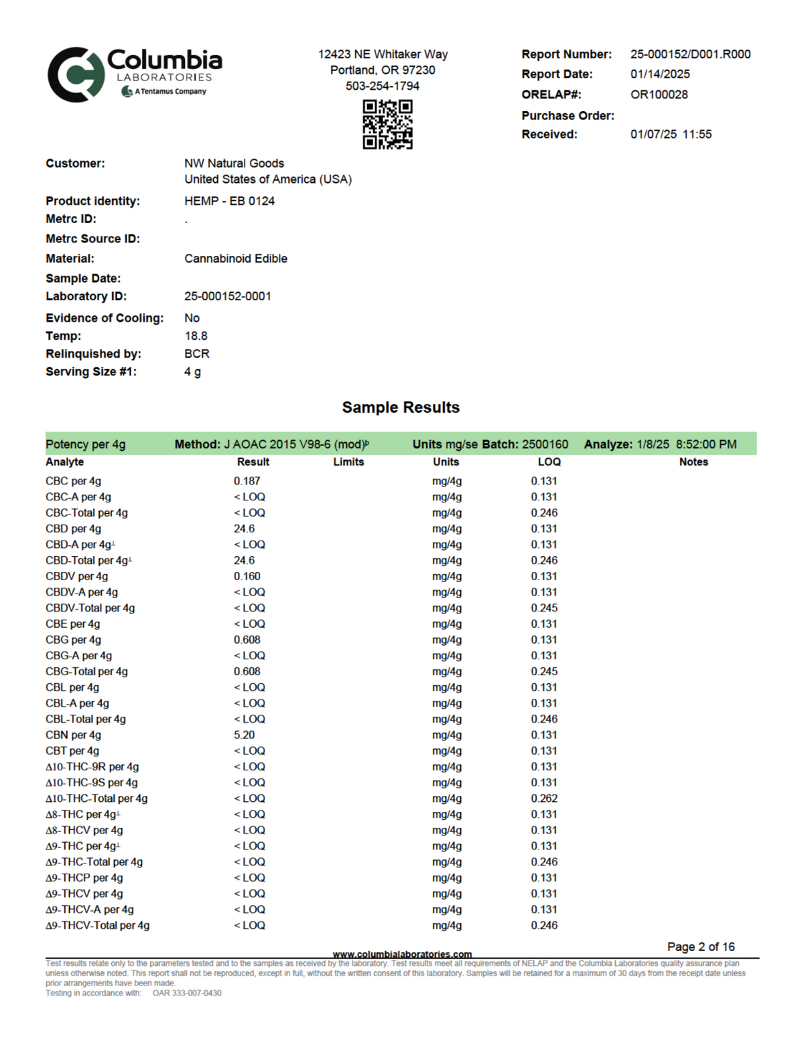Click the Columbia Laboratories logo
point(134,74)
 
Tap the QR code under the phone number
point(387,124)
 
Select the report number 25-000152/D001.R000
point(690,54)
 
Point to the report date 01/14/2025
point(660,74)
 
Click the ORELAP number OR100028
point(659,94)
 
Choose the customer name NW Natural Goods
point(234,163)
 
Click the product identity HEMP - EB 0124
point(229,201)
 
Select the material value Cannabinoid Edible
point(236,259)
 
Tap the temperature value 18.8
point(196,336)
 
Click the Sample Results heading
point(401,407)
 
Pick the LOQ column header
point(549,462)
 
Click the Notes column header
point(693,462)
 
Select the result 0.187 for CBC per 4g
point(247,481)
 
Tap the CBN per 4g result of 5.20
point(244,735)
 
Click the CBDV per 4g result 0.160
point(247,576)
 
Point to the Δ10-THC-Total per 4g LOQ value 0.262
point(544,799)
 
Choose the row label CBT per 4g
point(72,751)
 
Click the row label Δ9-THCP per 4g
point(84,878)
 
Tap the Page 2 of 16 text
point(701,947)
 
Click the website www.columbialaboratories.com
point(402,954)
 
